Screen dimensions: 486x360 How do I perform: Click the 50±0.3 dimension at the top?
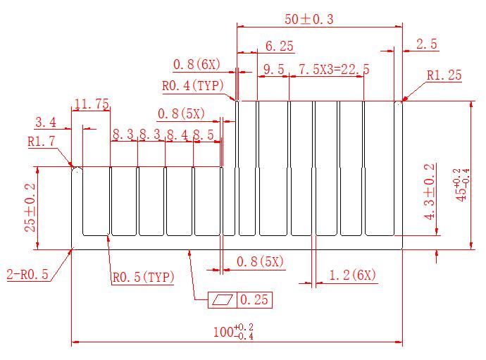click(x=309, y=19)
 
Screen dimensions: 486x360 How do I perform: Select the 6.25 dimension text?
click(x=279, y=46)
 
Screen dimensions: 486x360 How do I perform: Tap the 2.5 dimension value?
click(x=427, y=44)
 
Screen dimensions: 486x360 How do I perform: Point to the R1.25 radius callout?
click(x=444, y=75)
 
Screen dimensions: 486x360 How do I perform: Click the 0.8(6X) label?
click(x=197, y=65)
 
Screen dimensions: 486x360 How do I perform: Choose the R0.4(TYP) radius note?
click(x=193, y=85)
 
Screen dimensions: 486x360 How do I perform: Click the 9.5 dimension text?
click(x=274, y=69)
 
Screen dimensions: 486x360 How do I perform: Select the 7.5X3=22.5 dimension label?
click(x=334, y=69)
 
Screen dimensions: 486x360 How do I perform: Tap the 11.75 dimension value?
click(x=92, y=104)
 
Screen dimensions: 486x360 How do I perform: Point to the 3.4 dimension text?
click(x=46, y=122)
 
